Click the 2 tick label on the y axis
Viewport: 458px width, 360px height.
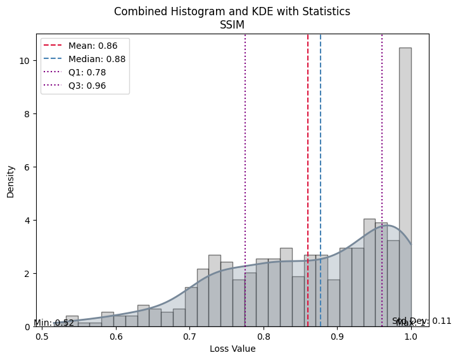tap(26, 274)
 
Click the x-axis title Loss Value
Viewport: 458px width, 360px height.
tap(232, 349)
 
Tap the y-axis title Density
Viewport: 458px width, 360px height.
tap(11, 181)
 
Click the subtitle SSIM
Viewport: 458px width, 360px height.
tap(232, 25)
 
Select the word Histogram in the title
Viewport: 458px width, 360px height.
tap(181, 11)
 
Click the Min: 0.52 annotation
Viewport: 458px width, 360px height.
tap(54, 323)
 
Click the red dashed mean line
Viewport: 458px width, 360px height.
tap(308, 158)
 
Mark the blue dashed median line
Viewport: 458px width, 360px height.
tap(321, 158)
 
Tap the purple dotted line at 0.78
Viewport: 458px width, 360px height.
tap(245, 158)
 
